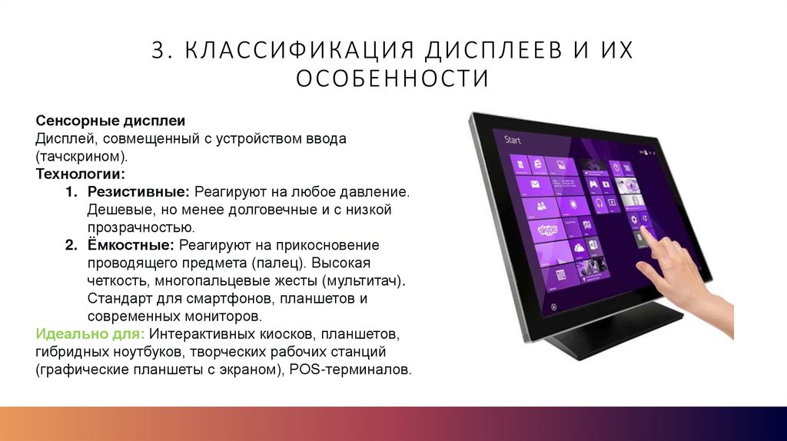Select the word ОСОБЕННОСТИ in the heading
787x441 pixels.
click(393, 78)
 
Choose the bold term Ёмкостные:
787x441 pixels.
click(132, 245)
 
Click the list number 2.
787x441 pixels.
click(70, 245)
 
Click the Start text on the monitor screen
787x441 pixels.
click(513, 140)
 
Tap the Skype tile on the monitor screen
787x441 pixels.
click(548, 230)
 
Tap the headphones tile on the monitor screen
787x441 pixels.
click(596, 203)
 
